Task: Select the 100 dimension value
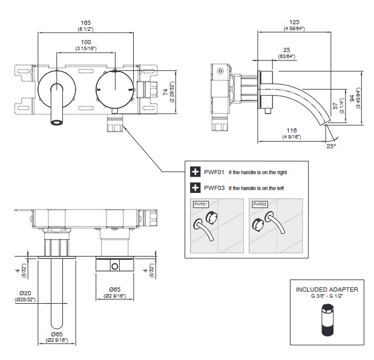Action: pyautogui.click(x=86, y=41)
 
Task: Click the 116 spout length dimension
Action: pyautogui.click(x=292, y=131)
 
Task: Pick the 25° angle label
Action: pyautogui.click(x=331, y=146)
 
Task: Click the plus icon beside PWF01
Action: pyautogui.click(x=195, y=172)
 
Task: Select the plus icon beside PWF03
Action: pyautogui.click(x=195, y=188)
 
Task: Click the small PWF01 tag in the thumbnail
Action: pyautogui.click(x=200, y=204)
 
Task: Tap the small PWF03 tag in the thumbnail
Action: pyautogui.click(x=259, y=204)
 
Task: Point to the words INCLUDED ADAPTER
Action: pyautogui.click(x=327, y=289)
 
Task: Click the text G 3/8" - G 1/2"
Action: pyautogui.click(x=327, y=296)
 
